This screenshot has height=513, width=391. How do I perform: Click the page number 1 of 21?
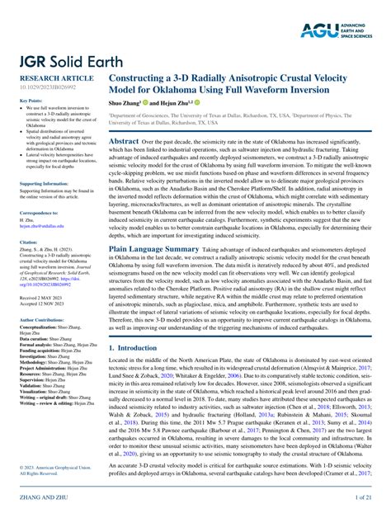(x=368, y=499)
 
